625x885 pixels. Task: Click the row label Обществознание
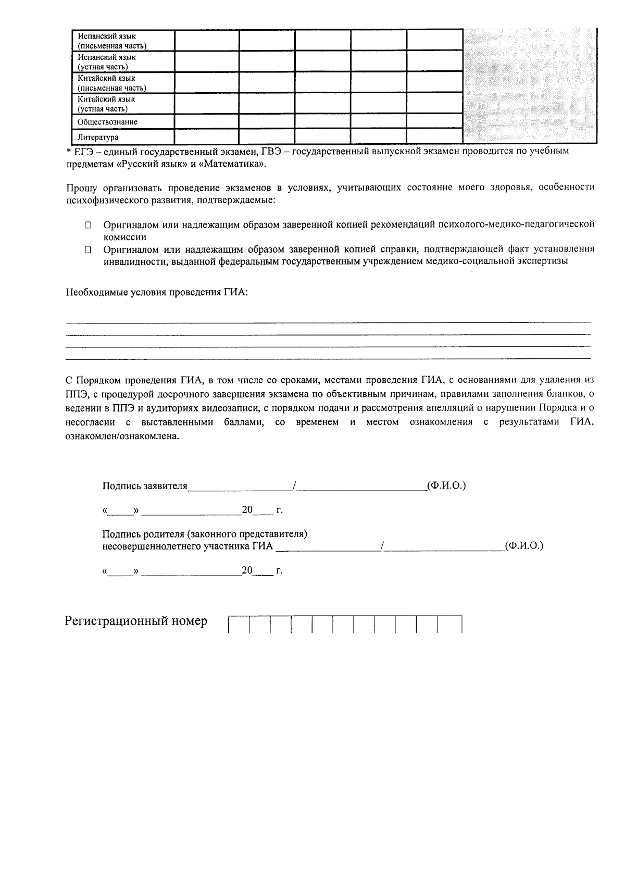click(107, 122)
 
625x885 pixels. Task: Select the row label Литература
click(98, 138)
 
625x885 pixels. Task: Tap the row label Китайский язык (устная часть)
click(106, 104)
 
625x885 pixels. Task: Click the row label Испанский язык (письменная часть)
click(111, 41)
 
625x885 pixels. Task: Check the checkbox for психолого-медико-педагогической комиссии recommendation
click(89, 225)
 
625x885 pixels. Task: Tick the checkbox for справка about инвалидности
click(89, 250)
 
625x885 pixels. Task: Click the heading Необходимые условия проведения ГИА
click(157, 292)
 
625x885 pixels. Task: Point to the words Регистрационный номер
click(136, 621)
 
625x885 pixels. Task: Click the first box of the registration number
click(239, 624)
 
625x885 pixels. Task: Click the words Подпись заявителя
click(144, 486)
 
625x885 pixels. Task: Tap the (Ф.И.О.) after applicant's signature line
click(446, 485)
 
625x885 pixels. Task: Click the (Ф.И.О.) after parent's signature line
click(524, 546)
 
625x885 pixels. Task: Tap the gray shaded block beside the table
click(530, 86)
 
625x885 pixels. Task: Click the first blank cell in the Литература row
click(206, 137)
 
